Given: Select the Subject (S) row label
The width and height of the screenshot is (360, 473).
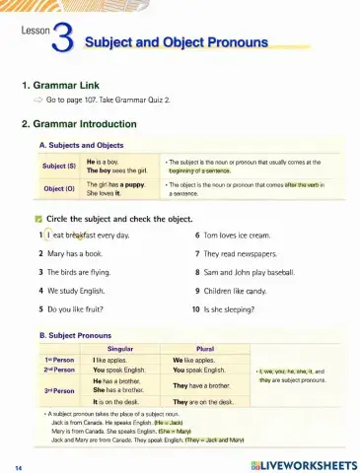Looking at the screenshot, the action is point(59,164).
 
